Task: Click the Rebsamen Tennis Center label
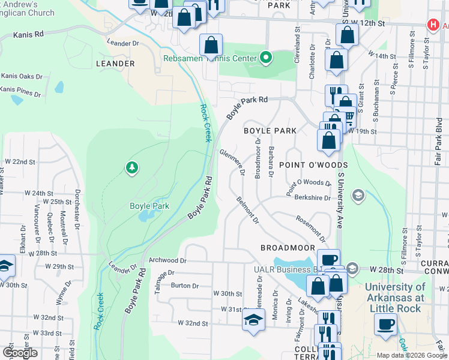[210, 59]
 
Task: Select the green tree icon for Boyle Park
[131, 168]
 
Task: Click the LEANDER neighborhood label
[115, 63]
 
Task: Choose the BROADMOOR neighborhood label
[288, 247]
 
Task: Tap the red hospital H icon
[432, 25]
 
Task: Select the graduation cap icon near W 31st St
[253, 319]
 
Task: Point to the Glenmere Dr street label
[232, 162]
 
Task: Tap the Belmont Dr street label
[247, 210]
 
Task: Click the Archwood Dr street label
[168, 260]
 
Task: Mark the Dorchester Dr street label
[77, 210]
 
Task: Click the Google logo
[20, 353]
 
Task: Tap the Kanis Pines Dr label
[20, 91]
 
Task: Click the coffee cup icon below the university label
[385, 325]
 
